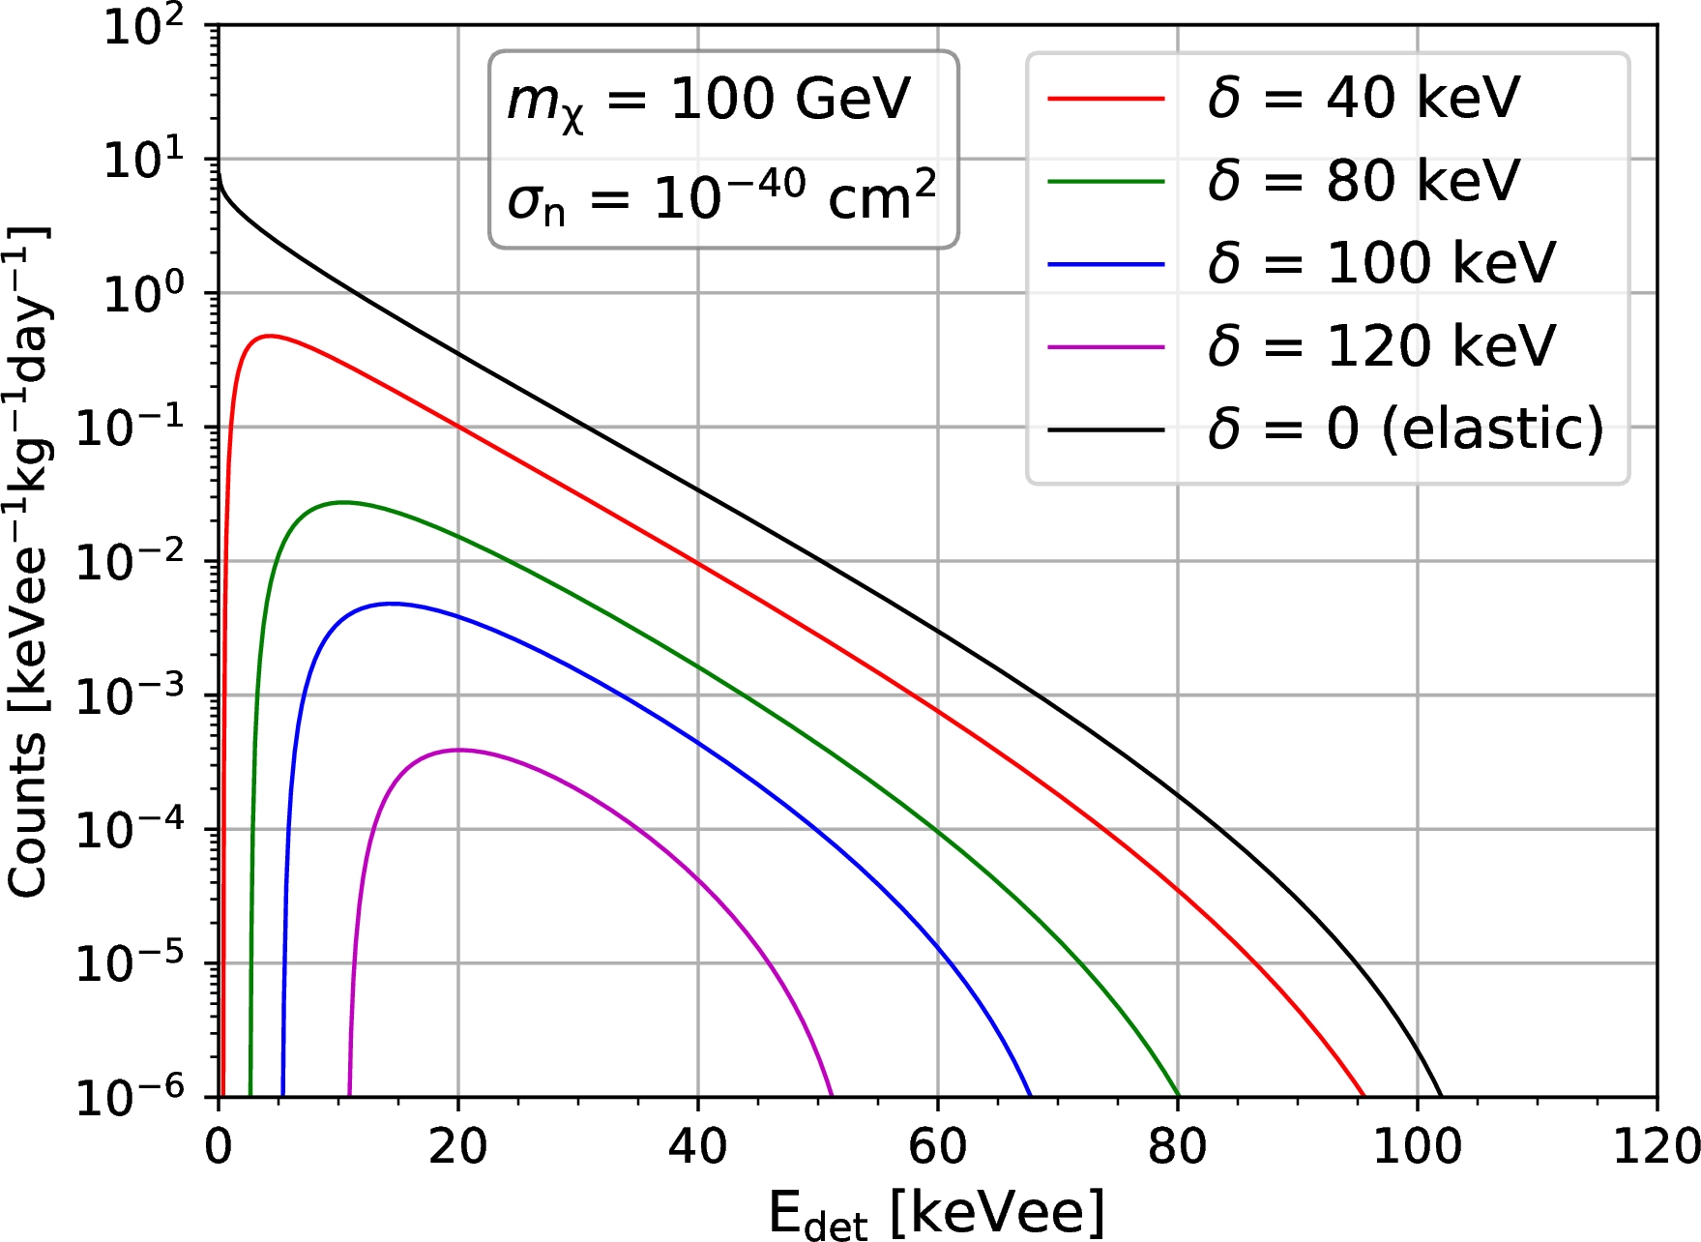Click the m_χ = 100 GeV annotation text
709,101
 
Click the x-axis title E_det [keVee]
936,1213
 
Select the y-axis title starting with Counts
29,561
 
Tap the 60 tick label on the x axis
937,1147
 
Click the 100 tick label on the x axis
1417,1147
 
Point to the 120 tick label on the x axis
1657,1147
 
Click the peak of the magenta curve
458,750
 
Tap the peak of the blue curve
390,604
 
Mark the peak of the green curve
342,502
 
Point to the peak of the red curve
268,337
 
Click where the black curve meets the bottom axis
1441,1096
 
